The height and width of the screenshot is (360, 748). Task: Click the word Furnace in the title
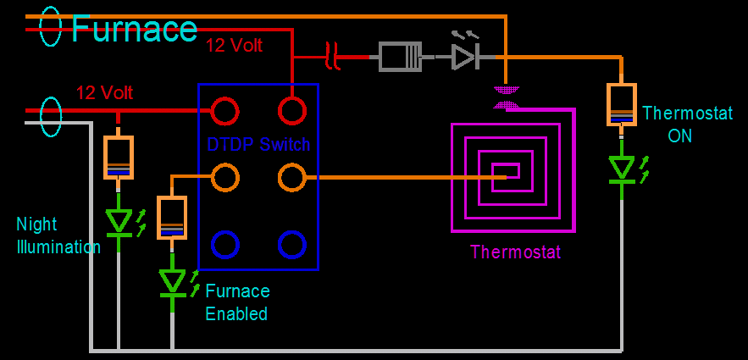(x=134, y=29)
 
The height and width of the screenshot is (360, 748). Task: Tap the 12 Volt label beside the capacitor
(x=234, y=46)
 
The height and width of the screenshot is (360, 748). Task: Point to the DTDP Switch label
(x=258, y=145)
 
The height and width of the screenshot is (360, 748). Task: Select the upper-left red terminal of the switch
(x=224, y=110)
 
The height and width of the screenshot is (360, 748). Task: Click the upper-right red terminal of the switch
(x=291, y=110)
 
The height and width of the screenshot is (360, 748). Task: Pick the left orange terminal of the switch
(x=224, y=177)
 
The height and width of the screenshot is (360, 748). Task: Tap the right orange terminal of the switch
(x=291, y=177)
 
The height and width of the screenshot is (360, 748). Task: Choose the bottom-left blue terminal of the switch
(x=224, y=244)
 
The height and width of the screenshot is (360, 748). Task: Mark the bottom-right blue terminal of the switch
(x=291, y=244)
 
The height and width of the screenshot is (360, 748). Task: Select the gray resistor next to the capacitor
(x=400, y=57)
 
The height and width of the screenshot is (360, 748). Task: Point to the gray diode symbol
(x=464, y=57)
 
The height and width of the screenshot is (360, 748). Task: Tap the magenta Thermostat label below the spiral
(x=515, y=252)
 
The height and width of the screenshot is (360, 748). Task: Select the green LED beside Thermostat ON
(x=623, y=169)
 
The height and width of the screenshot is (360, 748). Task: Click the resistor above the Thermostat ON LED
(x=622, y=104)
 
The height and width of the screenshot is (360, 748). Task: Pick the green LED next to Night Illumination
(x=119, y=222)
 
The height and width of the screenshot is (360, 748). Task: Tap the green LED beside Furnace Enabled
(x=173, y=280)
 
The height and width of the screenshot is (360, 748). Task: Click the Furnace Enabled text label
(x=237, y=302)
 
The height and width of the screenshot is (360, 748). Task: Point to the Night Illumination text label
(x=58, y=235)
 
